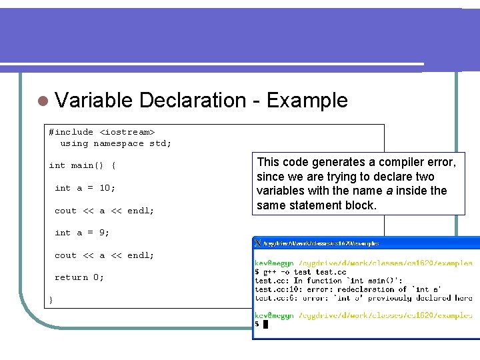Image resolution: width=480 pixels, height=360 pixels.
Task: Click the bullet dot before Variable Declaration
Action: (42, 101)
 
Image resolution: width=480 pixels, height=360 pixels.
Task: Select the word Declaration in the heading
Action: (193, 101)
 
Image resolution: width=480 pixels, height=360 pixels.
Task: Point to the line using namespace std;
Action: (115, 143)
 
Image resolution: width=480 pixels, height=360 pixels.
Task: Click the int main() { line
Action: (82, 165)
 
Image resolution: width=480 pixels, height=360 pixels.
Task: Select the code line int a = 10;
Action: (85, 188)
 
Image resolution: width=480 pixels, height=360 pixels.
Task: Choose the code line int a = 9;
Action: (82, 233)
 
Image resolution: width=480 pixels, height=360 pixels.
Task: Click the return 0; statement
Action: (79, 277)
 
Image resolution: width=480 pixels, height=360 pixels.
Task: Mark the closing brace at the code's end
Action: (51, 300)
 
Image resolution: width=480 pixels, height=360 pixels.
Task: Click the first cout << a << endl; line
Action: (104, 211)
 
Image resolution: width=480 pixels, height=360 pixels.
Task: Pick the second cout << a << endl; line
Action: (104, 255)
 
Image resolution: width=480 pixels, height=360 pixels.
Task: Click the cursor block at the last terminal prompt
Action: (265, 324)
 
